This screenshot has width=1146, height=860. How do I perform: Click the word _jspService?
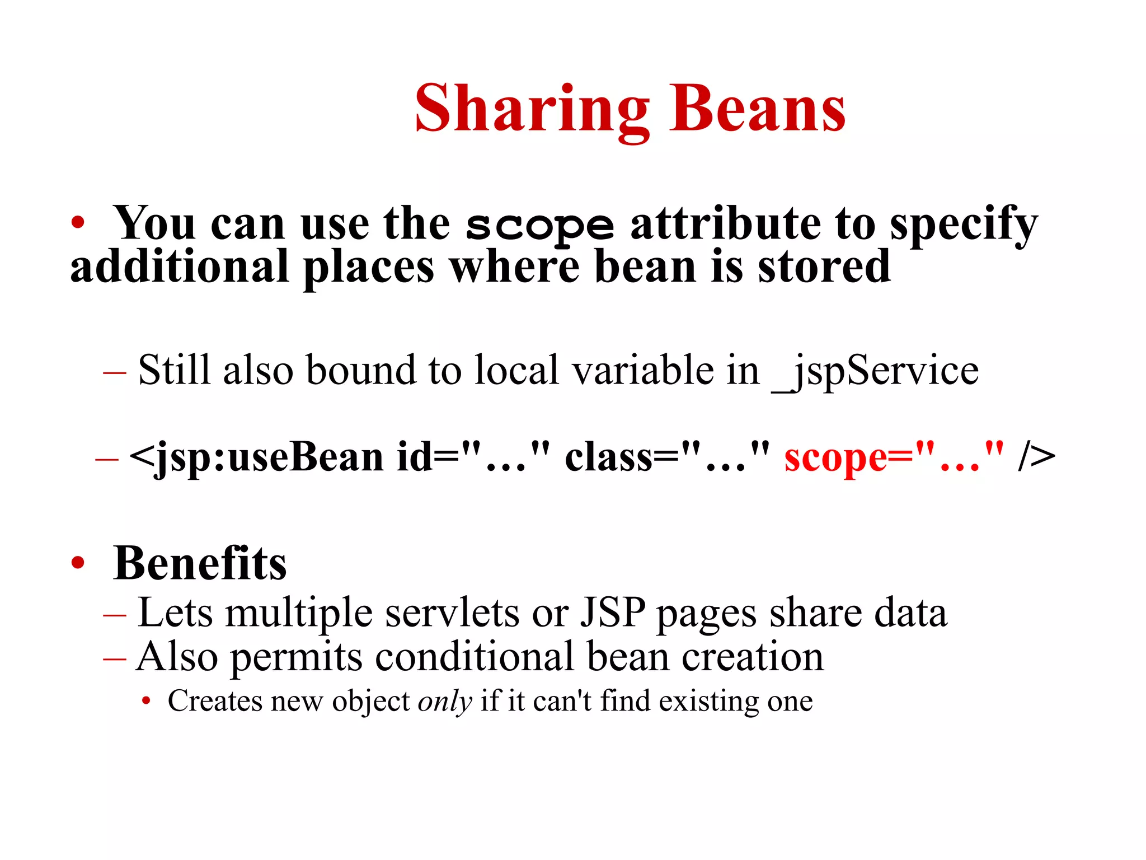[875, 371]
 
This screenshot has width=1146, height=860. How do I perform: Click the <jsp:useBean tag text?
[256, 457]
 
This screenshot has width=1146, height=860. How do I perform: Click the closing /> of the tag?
[1037, 457]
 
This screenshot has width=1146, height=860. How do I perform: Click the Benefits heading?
[200, 563]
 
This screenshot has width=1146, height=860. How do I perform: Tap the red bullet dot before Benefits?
[78, 563]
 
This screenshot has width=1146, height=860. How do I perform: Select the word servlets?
[452, 613]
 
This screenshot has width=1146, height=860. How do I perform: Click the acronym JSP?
[612, 613]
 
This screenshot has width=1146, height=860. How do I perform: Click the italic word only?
[445, 702]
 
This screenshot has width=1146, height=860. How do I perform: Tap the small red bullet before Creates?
[146, 701]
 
